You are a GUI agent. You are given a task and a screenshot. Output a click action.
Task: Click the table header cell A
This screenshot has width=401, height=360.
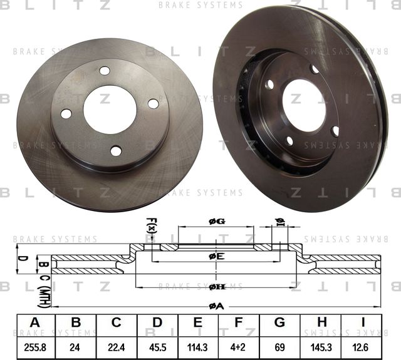tap(35, 323)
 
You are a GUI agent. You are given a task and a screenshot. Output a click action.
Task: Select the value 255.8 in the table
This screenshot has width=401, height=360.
tap(35, 345)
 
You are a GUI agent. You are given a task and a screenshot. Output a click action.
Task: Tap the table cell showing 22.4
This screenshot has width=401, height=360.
tap(117, 345)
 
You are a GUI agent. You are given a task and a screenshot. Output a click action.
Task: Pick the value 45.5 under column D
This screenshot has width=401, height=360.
tap(157, 345)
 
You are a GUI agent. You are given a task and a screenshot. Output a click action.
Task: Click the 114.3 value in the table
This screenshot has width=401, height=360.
tap(198, 345)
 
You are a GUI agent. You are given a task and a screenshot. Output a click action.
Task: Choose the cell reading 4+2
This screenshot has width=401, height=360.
tap(239, 345)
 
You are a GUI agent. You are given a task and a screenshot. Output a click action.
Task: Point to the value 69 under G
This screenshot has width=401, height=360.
tap(279, 345)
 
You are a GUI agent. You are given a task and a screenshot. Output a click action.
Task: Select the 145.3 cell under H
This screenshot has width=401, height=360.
tap(321, 345)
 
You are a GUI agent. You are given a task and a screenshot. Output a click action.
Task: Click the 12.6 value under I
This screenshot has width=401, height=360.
tap(362, 345)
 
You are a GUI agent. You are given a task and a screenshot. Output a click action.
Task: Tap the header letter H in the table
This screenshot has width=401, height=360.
tap(321, 323)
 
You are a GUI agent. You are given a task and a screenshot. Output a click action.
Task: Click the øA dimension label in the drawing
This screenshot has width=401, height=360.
tap(216, 306)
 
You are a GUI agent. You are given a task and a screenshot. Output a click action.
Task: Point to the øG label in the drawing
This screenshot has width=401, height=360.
tap(216, 221)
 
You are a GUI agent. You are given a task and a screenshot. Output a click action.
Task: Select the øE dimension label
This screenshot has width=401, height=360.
tap(216, 256)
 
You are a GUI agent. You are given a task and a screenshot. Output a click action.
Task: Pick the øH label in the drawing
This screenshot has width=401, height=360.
tap(216, 287)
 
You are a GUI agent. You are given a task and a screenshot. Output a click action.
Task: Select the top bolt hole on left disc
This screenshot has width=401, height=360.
tap(105, 70)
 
